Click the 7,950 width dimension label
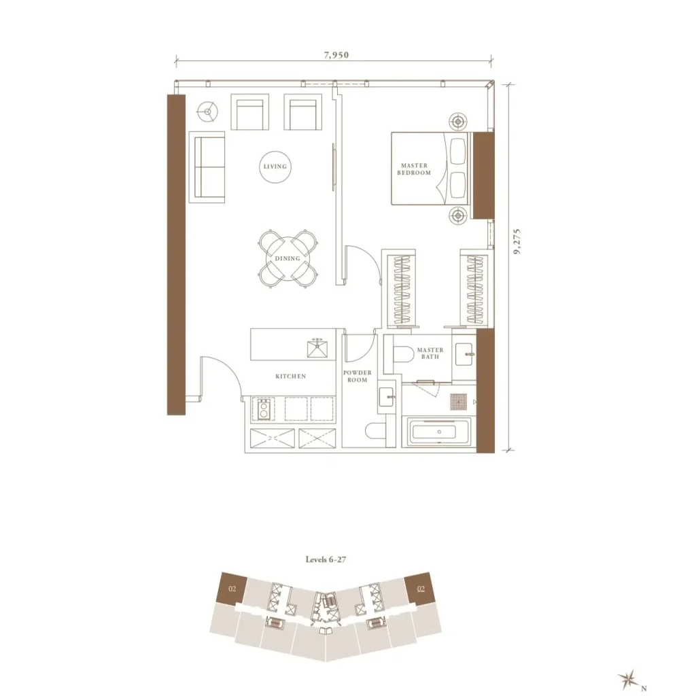(x=336, y=55)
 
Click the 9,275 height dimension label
(x=517, y=241)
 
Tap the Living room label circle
(x=275, y=167)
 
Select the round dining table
(x=288, y=258)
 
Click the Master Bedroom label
(x=414, y=169)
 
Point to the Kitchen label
(x=291, y=377)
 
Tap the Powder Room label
(x=358, y=377)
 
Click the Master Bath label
(x=430, y=353)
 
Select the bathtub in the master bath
(x=436, y=432)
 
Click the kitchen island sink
(x=317, y=348)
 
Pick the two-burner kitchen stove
(x=264, y=408)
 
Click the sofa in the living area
(x=207, y=167)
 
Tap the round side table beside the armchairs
(x=208, y=112)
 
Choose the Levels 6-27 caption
(x=326, y=559)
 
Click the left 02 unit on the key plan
(x=232, y=589)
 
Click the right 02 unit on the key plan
(x=420, y=589)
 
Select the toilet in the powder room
(x=375, y=430)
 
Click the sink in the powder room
(x=386, y=397)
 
